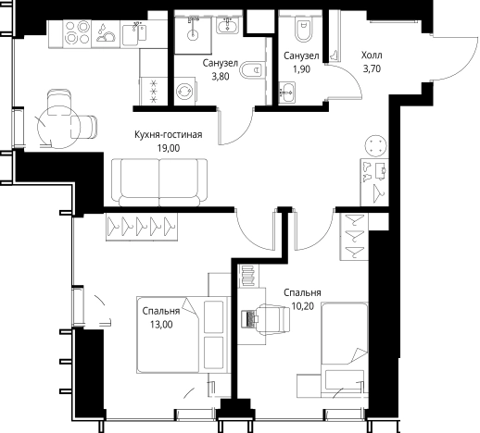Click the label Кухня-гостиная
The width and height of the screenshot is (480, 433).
pos(169,135)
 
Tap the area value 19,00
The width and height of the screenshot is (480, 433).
pos(169,148)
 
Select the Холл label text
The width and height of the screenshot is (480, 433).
pos(372,56)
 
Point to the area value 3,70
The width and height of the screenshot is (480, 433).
pos(372,68)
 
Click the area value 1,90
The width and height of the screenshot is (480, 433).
pos(301,69)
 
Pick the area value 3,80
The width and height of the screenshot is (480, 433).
pos(221,76)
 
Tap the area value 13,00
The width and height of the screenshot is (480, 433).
pos(161,325)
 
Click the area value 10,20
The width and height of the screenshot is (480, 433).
pos(303,306)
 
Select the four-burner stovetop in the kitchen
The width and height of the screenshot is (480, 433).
pos(77,32)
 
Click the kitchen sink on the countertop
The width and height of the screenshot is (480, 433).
pos(134,33)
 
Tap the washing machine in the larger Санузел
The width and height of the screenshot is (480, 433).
pos(184,91)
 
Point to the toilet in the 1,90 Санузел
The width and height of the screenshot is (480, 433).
pos(304,29)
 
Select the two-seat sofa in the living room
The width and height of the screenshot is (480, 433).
pos(159,182)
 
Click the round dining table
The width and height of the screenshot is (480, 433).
pos(58,127)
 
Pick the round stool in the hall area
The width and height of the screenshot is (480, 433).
pos(375,145)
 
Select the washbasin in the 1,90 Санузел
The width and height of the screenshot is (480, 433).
pos(287,93)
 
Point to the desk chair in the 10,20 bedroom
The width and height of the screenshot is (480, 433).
pos(272,319)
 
